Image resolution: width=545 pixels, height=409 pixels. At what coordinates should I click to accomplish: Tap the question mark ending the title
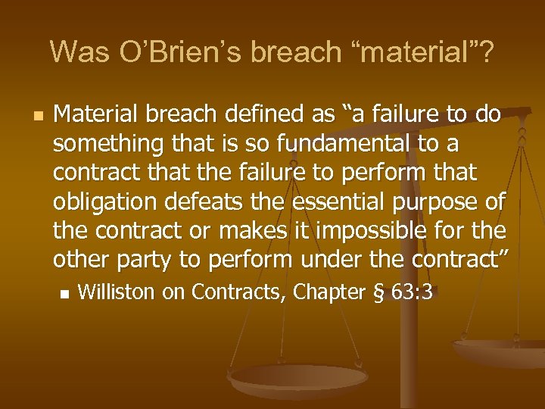[x=487, y=52]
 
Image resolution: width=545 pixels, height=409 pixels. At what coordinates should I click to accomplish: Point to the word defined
[x=262, y=115]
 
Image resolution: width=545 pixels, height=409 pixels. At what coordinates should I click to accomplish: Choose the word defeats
[x=199, y=202]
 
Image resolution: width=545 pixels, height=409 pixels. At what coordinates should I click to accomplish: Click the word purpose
[x=441, y=202]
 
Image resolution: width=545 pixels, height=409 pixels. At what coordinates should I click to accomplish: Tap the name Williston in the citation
[x=114, y=292]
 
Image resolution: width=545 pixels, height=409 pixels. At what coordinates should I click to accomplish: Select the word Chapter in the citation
[x=325, y=292]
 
